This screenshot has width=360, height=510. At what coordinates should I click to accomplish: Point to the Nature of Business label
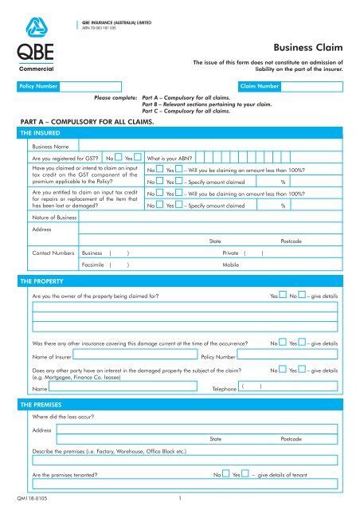[54, 218]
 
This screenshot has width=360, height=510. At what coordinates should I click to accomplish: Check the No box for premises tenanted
[225, 473]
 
